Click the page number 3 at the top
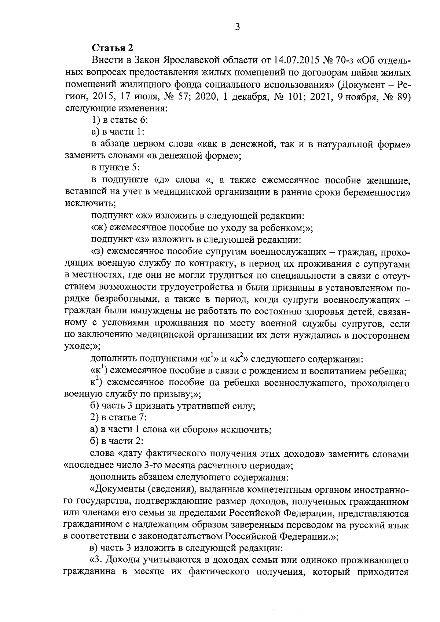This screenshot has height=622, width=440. (237, 27)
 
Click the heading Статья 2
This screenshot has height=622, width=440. (112, 48)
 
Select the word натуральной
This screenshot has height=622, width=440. (337, 144)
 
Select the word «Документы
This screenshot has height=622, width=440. (118, 489)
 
